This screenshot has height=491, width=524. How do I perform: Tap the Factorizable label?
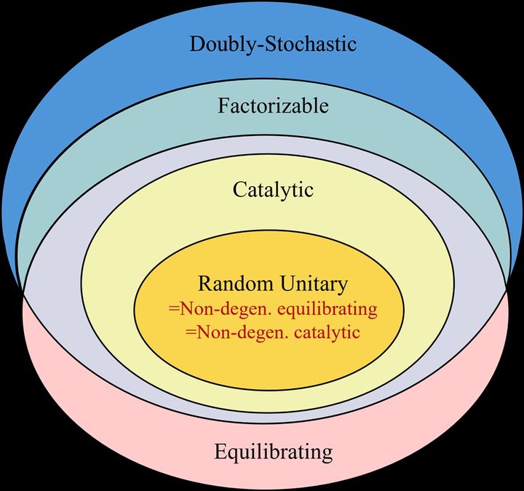point(273,105)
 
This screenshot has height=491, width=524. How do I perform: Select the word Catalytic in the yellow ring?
point(273,190)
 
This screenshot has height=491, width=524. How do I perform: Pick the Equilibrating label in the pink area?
point(274,452)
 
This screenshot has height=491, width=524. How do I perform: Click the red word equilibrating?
point(327,310)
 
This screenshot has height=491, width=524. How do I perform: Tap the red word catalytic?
point(327,332)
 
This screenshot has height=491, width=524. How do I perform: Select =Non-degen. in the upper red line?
point(221,309)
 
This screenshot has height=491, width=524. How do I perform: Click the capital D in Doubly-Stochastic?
point(197,44)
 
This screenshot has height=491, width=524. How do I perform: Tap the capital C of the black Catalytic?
point(239,189)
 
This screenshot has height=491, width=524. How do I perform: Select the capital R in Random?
point(205,284)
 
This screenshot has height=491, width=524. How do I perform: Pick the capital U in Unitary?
point(287,284)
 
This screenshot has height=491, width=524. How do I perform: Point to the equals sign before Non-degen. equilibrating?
point(173,309)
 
